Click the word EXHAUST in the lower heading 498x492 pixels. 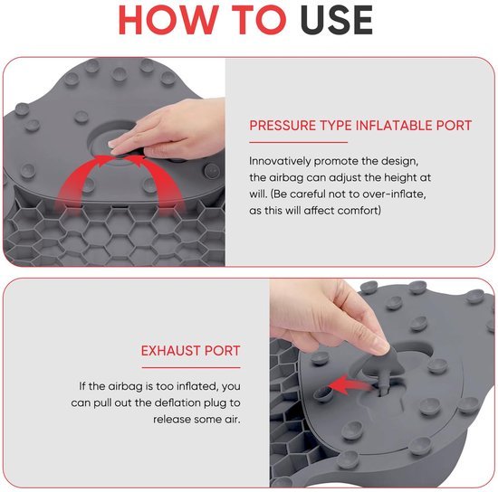(172, 350)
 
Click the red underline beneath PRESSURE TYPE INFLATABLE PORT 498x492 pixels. (298, 141)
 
